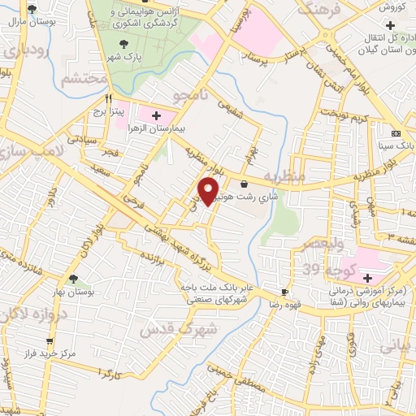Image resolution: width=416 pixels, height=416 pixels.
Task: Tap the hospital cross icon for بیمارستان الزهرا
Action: [x=157, y=117]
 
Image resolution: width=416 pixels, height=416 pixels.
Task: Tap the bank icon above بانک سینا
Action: [x=396, y=132]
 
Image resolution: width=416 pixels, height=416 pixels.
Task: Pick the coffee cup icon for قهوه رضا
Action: [x=284, y=292]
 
